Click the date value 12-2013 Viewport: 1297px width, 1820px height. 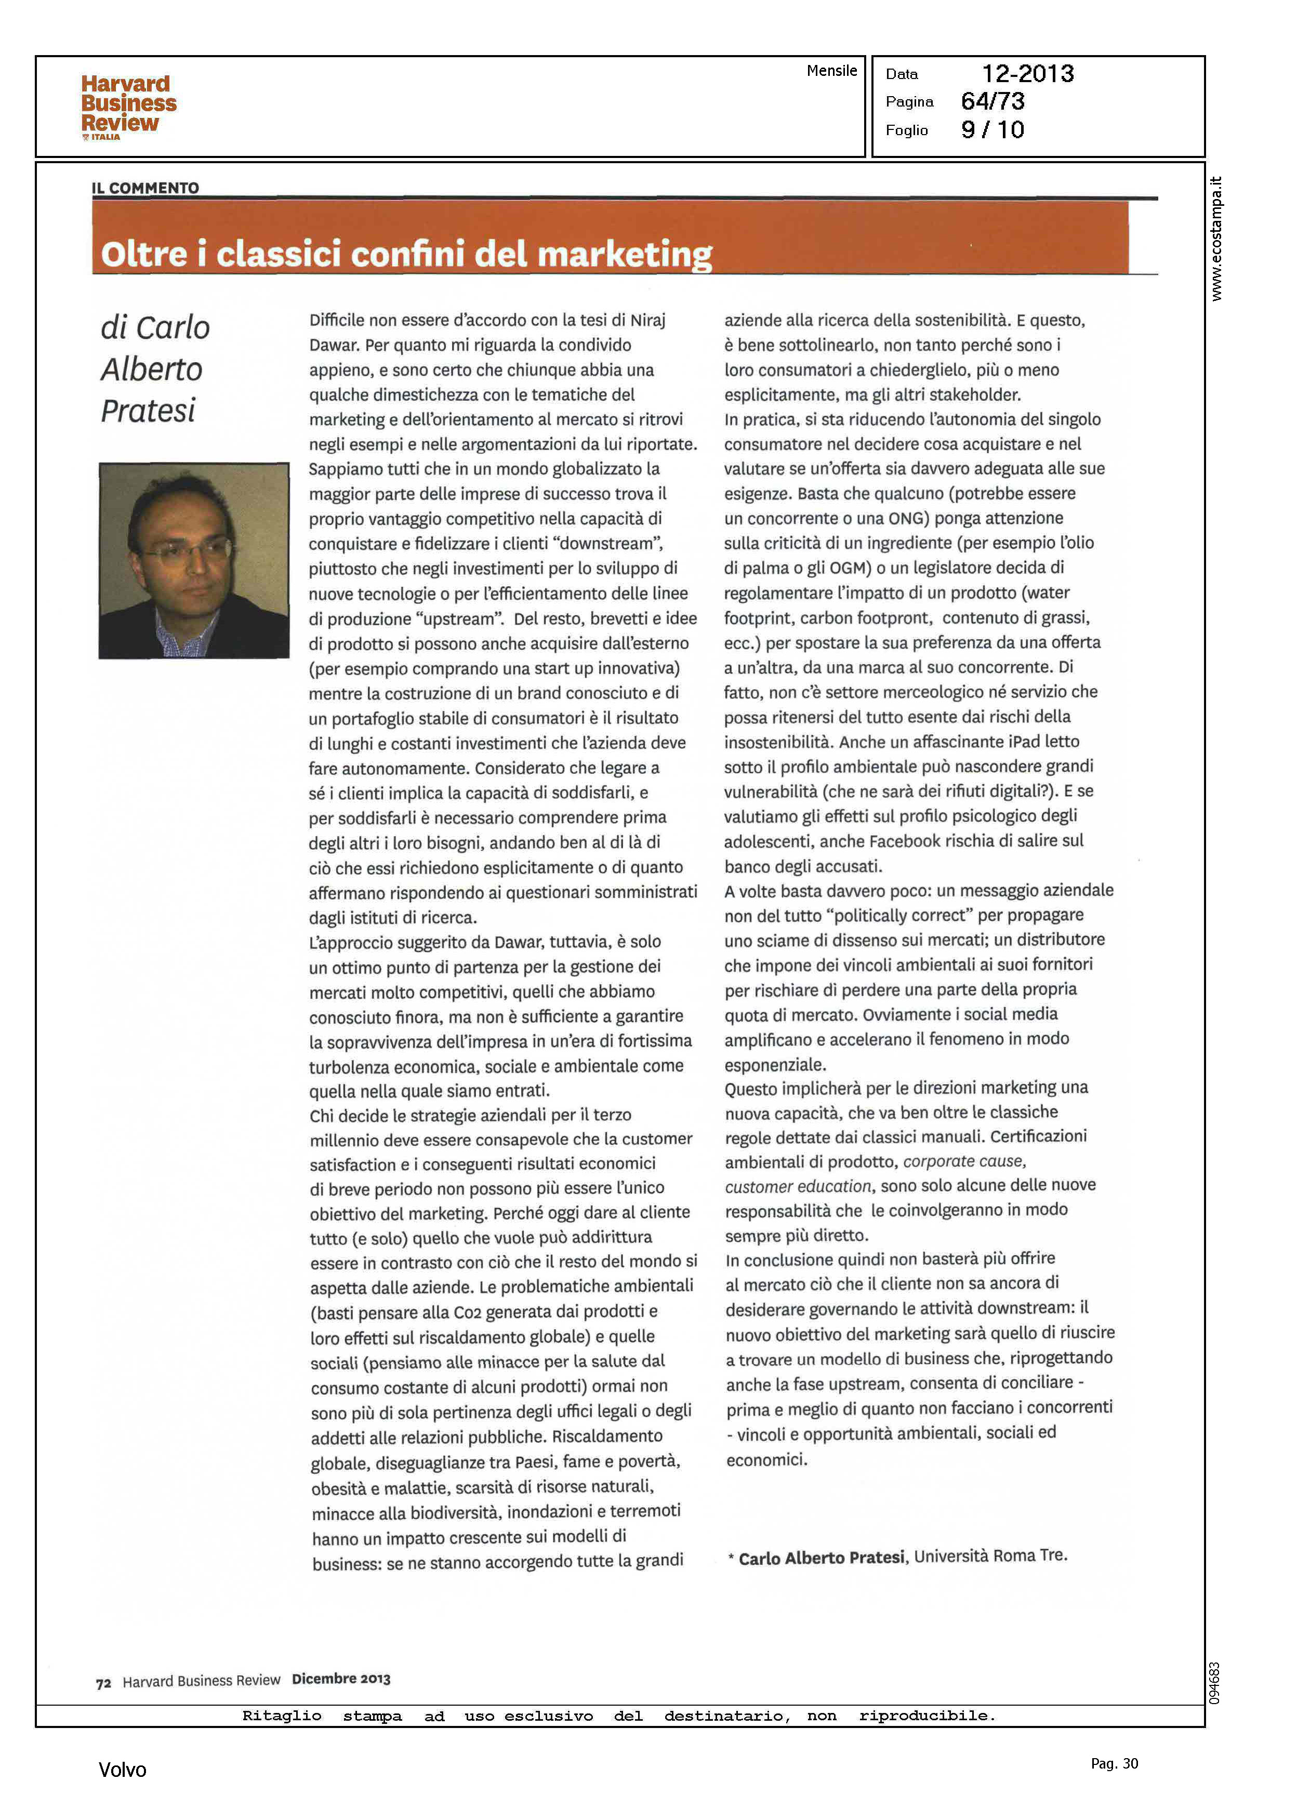pos(1027,74)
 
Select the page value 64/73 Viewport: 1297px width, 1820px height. pos(992,101)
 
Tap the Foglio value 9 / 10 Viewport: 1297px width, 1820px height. pos(992,130)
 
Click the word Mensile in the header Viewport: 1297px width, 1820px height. pos(831,71)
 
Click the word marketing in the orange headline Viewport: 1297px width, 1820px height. pos(625,255)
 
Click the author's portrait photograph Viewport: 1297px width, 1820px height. pos(193,561)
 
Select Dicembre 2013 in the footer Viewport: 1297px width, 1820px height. pos(341,1680)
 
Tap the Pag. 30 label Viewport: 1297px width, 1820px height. pos(1114,1763)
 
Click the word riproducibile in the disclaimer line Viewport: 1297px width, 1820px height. pos(927,1716)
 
